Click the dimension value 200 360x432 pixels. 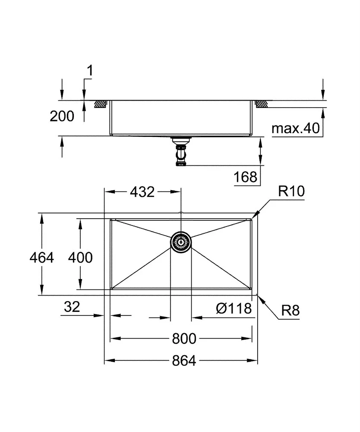pyautogui.click(x=62, y=116)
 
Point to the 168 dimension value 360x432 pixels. pyautogui.click(x=246, y=177)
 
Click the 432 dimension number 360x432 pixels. pyautogui.click(x=142, y=192)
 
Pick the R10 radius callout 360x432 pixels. pyautogui.click(x=291, y=192)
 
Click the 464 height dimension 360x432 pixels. pyautogui.click(x=41, y=257)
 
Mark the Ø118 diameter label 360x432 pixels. pyautogui.click(x=233, y=308)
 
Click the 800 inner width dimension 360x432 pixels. pyautogui.click(x=184, y=339)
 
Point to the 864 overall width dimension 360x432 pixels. pyautogui.click(x=184, y=360)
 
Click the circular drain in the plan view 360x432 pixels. pyautogui.click(x=181, y=241)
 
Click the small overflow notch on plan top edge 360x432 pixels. pyautogui.click(x=181, y=213)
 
